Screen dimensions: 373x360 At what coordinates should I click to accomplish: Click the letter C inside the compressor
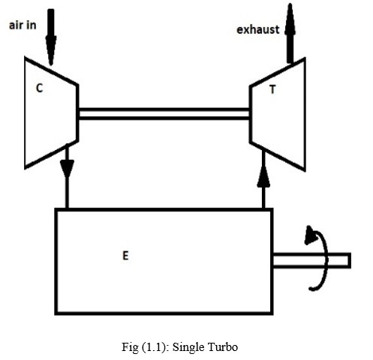[40, 88]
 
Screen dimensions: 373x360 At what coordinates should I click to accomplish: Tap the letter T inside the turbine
[272, 89]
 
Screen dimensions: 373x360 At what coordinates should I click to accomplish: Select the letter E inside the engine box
[125, 256]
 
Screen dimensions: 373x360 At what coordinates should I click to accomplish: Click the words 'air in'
[23, 25]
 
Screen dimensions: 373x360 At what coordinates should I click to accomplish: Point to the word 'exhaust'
[257, 30]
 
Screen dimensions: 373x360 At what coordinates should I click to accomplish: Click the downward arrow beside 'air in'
[51, 37]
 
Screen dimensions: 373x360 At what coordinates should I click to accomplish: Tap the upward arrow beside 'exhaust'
[290, 33]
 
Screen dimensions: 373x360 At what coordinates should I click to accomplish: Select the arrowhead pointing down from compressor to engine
[67, 169]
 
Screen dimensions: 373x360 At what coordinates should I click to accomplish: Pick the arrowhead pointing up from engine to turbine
[263, 178]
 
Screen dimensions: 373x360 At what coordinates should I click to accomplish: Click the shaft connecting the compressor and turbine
[164, 114]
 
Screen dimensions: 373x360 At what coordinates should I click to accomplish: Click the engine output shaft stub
[311, 260]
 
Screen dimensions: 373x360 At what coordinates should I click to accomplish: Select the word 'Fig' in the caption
[130, 347]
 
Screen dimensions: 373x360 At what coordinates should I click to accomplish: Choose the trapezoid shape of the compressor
[52, 113]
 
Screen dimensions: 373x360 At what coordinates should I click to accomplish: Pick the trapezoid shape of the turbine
[278, 114]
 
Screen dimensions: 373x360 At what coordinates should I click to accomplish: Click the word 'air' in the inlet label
[16, 25]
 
